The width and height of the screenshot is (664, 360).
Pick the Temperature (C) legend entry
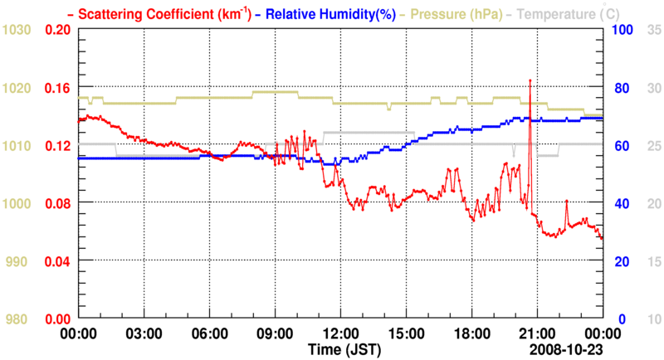(581, 13)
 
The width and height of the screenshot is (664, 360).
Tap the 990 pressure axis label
(19, 261)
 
